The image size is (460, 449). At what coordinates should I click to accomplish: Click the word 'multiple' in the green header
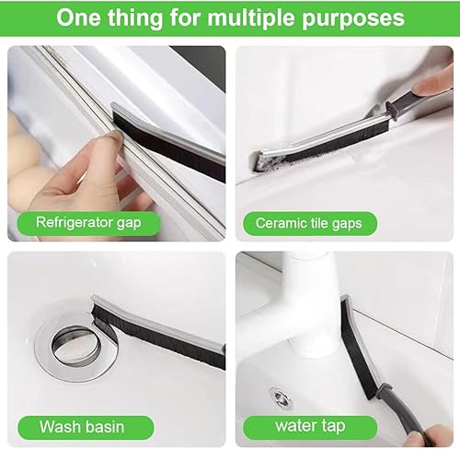pos(252,18)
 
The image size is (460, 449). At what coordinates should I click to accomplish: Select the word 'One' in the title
pos(78,18)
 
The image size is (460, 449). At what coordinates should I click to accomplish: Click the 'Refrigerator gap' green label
pos(88,223)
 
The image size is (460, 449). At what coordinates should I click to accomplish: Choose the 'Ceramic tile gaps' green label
pos(310,223)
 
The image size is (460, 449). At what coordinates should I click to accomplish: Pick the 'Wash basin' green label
pos(86,428)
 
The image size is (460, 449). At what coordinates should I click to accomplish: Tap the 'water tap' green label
pos(310,427)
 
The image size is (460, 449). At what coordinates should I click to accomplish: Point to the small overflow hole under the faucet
pos(280,398)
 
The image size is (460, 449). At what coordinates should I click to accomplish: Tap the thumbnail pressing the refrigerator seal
pos(113,136)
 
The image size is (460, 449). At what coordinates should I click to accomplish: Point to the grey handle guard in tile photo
pos(392,111)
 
